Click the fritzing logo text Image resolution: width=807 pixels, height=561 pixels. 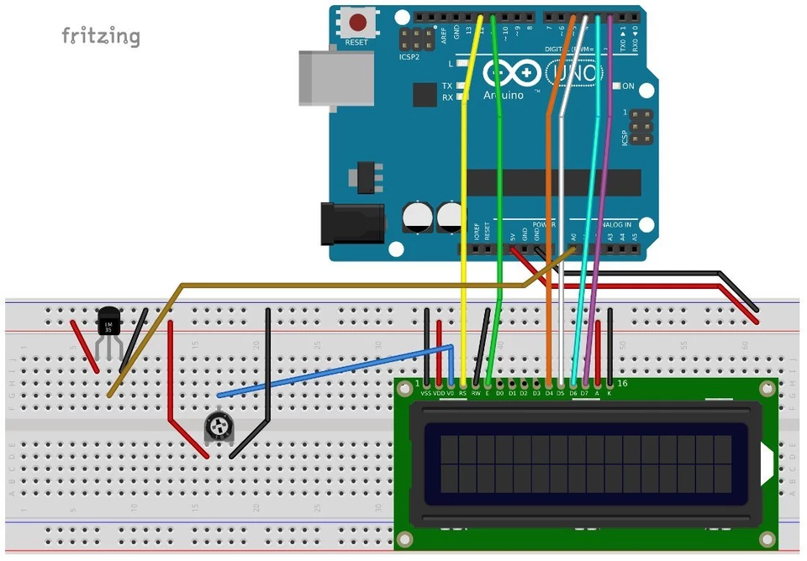101,36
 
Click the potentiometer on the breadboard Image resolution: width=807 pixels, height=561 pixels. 219,428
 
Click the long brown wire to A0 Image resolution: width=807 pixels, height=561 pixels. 336,286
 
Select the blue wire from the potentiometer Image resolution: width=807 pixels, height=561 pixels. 336,370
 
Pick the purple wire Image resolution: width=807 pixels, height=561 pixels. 595,252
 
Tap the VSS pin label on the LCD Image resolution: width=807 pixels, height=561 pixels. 426,393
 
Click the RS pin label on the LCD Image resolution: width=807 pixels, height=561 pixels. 463,393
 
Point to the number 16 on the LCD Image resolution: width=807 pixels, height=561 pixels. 622,384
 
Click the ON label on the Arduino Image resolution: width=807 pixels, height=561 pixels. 628,87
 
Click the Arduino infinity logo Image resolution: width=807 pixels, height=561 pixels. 513,74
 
